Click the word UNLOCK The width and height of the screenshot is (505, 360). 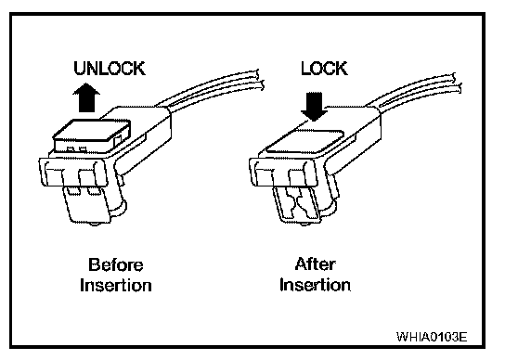tap(110, 69)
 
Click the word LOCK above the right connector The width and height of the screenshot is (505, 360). tap(324, 69)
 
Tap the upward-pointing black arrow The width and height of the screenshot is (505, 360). tap(86, 97)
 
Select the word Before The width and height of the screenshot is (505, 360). tap(116, 265)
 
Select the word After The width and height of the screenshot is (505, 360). tap(315, 264)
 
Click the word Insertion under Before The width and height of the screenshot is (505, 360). tap(116, 285)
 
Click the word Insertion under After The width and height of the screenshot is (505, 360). tap(315, 285)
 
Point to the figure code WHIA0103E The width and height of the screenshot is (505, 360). tap(432, 337)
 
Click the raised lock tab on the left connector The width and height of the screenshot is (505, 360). tap(92, 135)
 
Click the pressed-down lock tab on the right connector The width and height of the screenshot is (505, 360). tap(304, 142)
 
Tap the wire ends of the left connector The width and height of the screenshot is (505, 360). tap(260, 79)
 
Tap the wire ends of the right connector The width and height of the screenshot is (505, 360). tap(458, 84)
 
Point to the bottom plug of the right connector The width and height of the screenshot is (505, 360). tap(298, 205)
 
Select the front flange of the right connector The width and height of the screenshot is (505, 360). tap(284, 173)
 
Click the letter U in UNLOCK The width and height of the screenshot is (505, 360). tap(80, 69)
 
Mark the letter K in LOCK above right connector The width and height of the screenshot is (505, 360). tap(342, 69)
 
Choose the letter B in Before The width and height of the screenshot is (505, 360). tap(94, 265)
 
